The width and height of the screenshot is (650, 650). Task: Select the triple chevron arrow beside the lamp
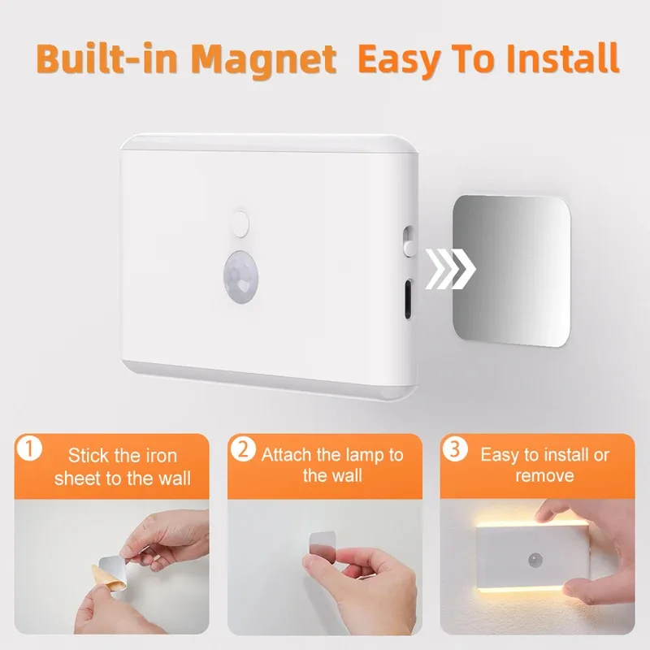(451, 268)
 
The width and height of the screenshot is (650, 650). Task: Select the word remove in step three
(544, 476)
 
